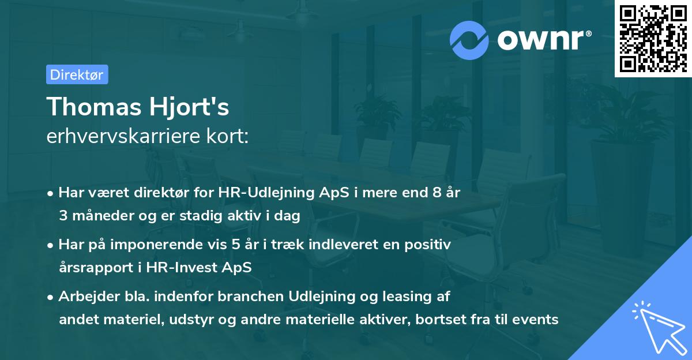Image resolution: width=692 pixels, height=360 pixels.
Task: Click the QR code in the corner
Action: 653,38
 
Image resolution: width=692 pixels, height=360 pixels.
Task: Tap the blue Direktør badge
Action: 77,74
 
